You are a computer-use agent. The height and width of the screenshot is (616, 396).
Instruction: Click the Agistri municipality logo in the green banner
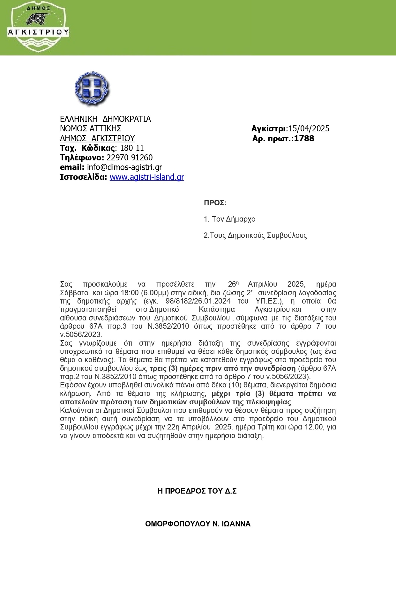pyautogui.click(x=38, y=27)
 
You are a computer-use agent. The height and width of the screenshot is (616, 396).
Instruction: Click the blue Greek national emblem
pyautogui.click(x=92, y=89)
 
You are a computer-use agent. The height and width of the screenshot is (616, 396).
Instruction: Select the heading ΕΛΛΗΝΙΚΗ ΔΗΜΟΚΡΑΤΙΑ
pyautogui.click(x=105, y=119)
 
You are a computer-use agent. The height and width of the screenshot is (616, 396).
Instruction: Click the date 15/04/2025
pyautogui.click(x=309, y=128)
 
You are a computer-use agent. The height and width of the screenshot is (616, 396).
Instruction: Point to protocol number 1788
pyautogui.click(x=304, y=138)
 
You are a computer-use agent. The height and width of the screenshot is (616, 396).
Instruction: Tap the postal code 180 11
pyautogui.click(x=132, y=148)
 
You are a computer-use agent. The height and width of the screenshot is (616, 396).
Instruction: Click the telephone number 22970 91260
pyautogui.click(x=130, y=158)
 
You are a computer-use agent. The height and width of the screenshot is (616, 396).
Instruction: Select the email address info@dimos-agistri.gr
pyautogui.click(x=124, y=167)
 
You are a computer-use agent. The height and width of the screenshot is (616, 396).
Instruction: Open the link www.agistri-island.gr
pyautogui.click(x=147, y=177)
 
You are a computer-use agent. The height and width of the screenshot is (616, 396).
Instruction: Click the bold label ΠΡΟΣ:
pyautogui.click(x=215, y=203)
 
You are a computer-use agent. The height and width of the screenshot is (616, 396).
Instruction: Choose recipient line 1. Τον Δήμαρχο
pyautogui.click(x=229, y=219)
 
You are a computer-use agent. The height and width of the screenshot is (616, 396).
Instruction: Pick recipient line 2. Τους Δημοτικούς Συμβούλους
pyautogui.click(x=255, y=235)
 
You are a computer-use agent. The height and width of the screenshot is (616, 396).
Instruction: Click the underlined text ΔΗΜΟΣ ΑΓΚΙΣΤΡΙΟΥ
pyautogui.click(x=97, y=138)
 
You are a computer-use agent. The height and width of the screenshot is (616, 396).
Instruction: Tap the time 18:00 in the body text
pyautogui.click(x=130, y=293)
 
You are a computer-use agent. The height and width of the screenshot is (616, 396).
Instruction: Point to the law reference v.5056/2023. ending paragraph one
pyautogui.click(x=81, y=335)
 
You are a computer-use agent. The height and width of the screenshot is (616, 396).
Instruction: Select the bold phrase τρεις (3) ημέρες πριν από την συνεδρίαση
pyautogui.click(x=223, y=368)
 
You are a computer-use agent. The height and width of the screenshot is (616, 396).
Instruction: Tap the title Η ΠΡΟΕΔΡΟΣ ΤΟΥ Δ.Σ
pyautogui.click(x=197, y=491)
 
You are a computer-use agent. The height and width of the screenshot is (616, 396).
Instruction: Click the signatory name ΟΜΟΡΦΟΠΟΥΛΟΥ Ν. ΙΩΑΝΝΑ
pyautogui.click(x=198, y=524)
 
